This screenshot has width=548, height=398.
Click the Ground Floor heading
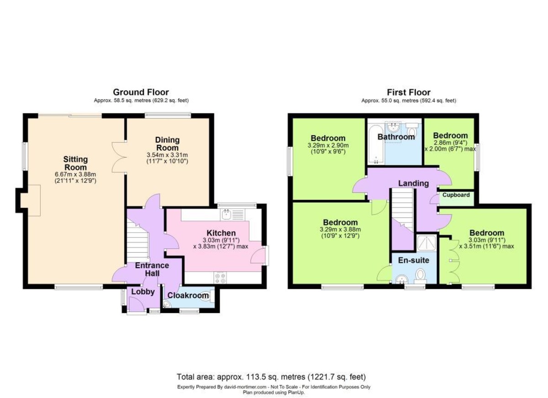[x=141, y=92]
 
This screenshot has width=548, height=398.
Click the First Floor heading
[x=409, y=92]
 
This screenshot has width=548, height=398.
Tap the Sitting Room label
[x=75, y=163]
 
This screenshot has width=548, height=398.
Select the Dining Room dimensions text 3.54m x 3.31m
[x=167, y=155]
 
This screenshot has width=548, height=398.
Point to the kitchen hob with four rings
[x=220, y=278]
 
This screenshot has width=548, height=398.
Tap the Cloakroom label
[x=188, y=295]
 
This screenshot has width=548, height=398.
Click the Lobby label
[x=143, y=292]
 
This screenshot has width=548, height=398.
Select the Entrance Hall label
[x=152, y=269]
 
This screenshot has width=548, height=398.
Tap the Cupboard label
[x=456, y=195]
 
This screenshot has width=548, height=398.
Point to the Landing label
[x=413, y=183]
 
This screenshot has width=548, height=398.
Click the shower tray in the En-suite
[x=427, y=243]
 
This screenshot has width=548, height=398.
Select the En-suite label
[x=413, y=260]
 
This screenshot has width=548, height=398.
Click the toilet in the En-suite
[x=421, y=276]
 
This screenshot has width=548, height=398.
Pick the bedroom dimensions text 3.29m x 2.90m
[x=328, y=145]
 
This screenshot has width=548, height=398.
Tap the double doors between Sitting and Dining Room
[x=119, y=157]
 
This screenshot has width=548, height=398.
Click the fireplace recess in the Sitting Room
[x=30, y=201]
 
